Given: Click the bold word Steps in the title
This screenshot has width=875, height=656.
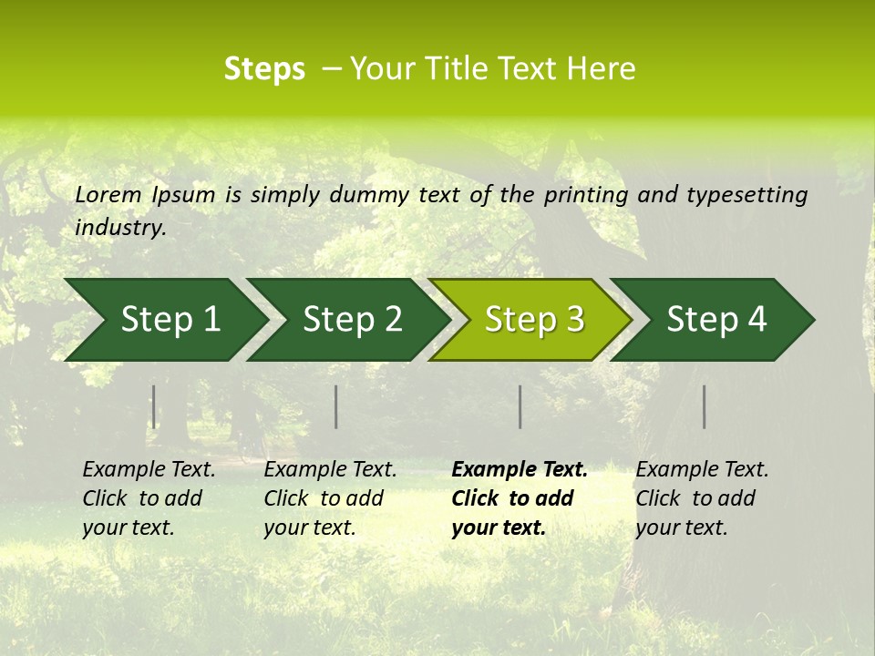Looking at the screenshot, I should [x=264, y=69].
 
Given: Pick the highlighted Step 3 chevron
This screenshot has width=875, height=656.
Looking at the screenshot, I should [x=534, y=320].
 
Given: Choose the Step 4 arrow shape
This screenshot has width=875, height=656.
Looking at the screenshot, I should [x=716, y=320].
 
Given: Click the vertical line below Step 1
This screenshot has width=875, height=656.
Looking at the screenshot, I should [x=154, y=406].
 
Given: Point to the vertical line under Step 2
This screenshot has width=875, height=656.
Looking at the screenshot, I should [x=336, y=406].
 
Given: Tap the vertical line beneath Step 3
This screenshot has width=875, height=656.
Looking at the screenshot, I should [x=520, y=406].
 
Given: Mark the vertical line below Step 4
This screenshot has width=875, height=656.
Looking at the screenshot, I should [x=705, y=406].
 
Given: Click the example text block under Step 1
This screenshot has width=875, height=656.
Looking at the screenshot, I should [x=149, y=498].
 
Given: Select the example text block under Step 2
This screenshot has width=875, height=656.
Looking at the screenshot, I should [x=330, y=498].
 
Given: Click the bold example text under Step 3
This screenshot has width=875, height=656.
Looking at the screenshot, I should [x=520, y=498].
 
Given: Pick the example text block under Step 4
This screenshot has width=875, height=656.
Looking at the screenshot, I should [x=702, y=498].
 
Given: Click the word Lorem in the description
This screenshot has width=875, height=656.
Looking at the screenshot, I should [x=108, y=194].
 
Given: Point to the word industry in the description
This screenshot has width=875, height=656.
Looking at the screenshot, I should [x=119, y=228].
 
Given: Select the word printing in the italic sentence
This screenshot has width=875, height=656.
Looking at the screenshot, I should [x=585, y=194].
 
